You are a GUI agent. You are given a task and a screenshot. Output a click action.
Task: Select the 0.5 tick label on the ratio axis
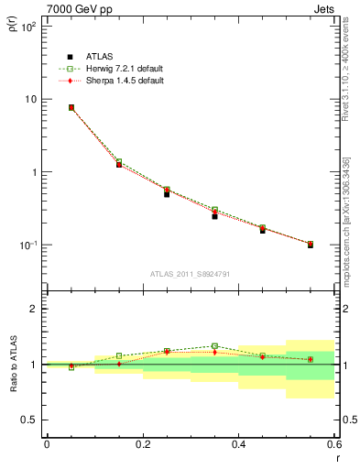[30, 420]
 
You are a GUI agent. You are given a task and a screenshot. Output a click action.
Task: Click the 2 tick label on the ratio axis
[34, 309]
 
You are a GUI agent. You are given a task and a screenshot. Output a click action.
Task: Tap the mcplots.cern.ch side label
[346, 220]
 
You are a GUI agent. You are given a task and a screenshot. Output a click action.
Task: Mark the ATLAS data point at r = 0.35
[214, 216]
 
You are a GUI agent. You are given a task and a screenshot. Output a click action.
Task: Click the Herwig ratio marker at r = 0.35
[214, 346]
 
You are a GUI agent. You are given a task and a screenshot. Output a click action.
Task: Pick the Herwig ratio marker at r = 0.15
[119, 355]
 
